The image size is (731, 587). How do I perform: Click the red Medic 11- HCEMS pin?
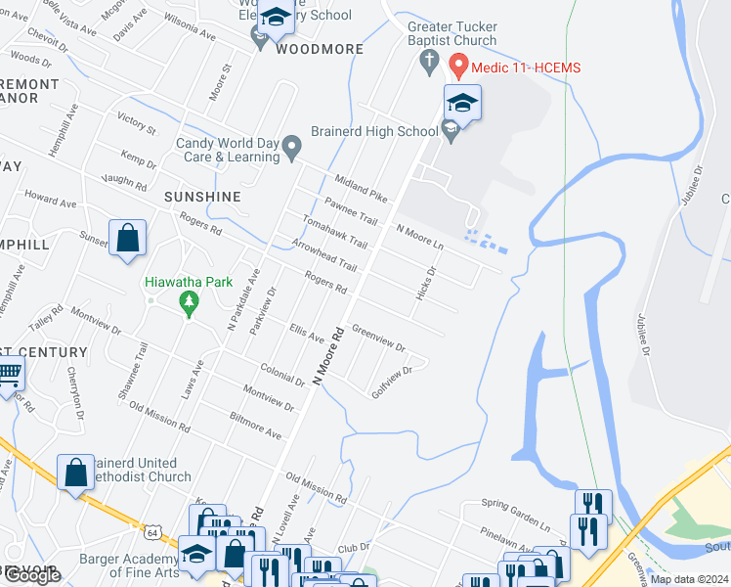click(x=456, y=68)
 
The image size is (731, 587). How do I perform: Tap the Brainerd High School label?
click(x=374, y=131)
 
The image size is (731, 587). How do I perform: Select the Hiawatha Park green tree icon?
click(x=189, y=305)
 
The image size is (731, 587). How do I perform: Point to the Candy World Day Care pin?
click(x=291, y=149)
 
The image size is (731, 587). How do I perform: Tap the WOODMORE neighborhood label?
click(x=320, y=49)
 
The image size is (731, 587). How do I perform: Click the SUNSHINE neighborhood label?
click(x=202, y=197)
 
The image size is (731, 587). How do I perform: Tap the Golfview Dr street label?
click(x=399, y=381)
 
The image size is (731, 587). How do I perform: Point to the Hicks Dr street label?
click(x=427, y=284)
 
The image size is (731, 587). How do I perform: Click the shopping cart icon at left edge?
click(x=9, y=372)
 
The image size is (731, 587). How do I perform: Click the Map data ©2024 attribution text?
click(x=688, y=579)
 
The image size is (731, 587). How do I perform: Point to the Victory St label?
click(x=136, y=122)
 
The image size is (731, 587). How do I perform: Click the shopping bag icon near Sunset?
click(x=127, y=238)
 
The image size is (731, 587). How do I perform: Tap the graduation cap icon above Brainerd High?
click(x=463, y=101)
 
